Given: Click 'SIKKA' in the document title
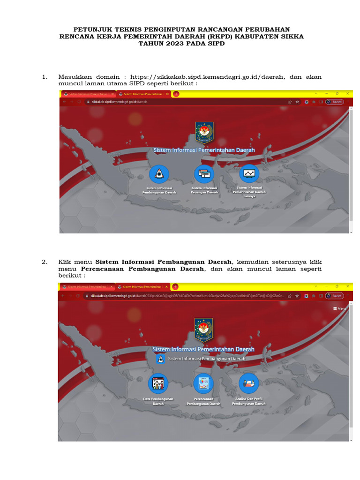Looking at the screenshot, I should click(x=290, y=36).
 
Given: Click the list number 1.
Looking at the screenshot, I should click(x=45, y=77).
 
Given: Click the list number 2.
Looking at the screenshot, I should click(x=45, y=262).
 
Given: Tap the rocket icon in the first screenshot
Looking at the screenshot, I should click(x=159, y=174).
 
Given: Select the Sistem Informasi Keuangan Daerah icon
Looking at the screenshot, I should click(x=204, y=174).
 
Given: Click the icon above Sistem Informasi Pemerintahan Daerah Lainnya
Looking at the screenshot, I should click(x=249, y=173).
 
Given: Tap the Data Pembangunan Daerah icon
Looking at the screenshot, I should click(x=158, y=383).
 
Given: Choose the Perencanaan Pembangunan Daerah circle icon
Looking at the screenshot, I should click(x=203, y=383).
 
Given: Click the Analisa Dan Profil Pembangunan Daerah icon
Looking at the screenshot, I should click(x=248, y=383).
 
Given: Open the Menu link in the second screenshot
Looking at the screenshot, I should click(x=339, y=308).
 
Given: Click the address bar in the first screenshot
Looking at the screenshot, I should click(x=187, y=102).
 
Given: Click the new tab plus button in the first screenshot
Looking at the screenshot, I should click(x=176, y=94).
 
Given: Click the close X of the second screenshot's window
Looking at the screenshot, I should click(x=347, y=286).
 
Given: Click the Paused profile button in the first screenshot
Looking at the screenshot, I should click(x=335, y=102).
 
